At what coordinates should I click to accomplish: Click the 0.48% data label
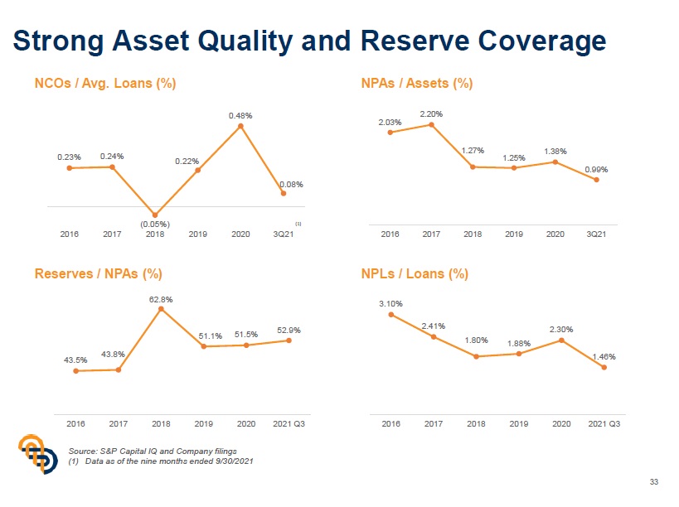click(x=240, y=115)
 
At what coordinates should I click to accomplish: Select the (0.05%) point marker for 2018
click(x=155, y=215)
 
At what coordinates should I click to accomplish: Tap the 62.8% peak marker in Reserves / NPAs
click(x=161, y=309)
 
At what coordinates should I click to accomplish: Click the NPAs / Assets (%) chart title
click(x=417, y=83)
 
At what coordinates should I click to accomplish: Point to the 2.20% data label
click(x=431, y=113)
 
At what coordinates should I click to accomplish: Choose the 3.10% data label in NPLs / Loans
click(x=390, y=304)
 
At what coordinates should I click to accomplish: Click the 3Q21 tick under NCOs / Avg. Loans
click(x=283, y=234)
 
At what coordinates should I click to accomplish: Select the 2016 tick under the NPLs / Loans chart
click(x=390, y=423)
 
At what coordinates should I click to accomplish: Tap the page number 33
click(x=653, y=482)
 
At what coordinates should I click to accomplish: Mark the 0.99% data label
click(x=596, y=169)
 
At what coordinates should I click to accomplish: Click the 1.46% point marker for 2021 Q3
click(x=604, y=368)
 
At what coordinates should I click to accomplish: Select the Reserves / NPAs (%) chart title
click(x=98, y=273)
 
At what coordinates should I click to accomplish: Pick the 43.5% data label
click(x=75, y=360)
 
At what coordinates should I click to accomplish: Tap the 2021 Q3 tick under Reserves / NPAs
click(x=289, y=423)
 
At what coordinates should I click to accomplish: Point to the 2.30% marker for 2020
click(x=561, y=340)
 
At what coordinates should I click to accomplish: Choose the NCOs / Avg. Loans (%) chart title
click(x=105, y=83)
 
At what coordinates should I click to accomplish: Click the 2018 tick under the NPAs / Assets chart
click(x=473, y=234)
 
